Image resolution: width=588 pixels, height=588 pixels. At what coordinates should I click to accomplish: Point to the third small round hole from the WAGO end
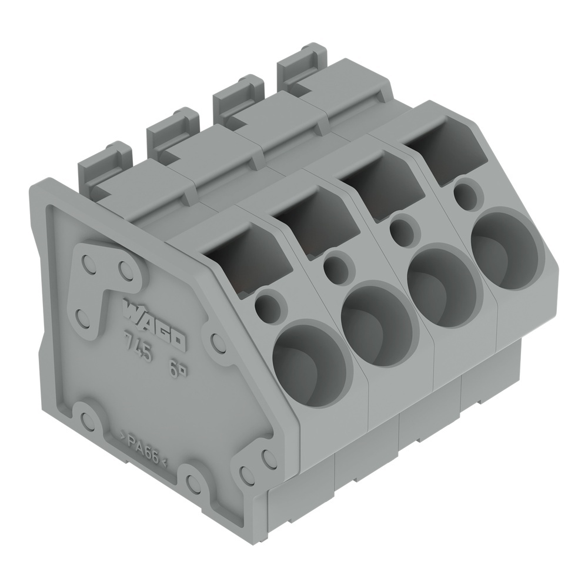403,232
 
